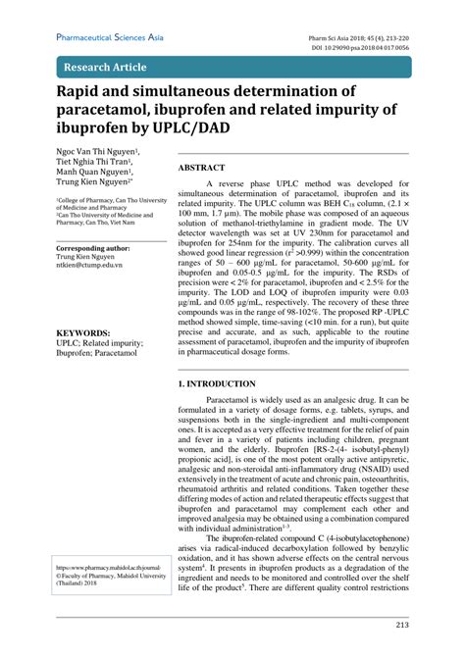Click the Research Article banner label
tap(104, 68)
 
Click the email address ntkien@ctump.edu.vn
tap(88, 265)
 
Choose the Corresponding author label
tap(93, 249)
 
